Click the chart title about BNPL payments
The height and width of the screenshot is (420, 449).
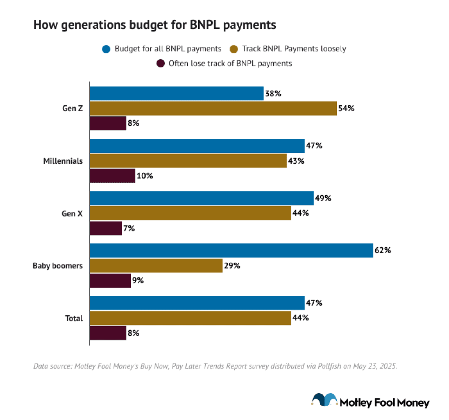tap(155, 25)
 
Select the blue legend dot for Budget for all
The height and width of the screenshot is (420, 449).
tap(106, 49)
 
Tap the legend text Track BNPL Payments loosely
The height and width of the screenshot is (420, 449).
tap(294, 49)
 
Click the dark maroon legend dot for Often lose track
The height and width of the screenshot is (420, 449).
tap(160, 64)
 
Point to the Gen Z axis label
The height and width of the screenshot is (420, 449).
tap(73, 108)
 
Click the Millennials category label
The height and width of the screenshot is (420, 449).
tap(63, 161)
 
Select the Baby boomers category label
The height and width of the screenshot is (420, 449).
tap(58, 265)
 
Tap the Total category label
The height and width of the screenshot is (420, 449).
tap(74, 318)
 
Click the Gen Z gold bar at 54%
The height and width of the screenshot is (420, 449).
tap(213, 109)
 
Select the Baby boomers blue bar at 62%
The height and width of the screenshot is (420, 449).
tap(231, 250)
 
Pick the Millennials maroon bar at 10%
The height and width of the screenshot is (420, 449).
tap(112, 176)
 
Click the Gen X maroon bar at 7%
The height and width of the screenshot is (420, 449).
tap(106, 228)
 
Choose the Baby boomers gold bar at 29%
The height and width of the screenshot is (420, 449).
tap(156, 265)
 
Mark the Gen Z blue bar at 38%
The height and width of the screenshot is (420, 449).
tap(176, 93)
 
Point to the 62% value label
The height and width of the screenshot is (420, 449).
tap(382, 250)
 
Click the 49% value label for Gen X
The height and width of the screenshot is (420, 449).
tap(323, 198)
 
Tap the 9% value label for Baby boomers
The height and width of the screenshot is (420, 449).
tap(138, 280)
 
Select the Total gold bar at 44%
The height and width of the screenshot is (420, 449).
tap(190, 318)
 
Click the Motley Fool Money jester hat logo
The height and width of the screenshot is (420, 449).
tap(324, 400)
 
